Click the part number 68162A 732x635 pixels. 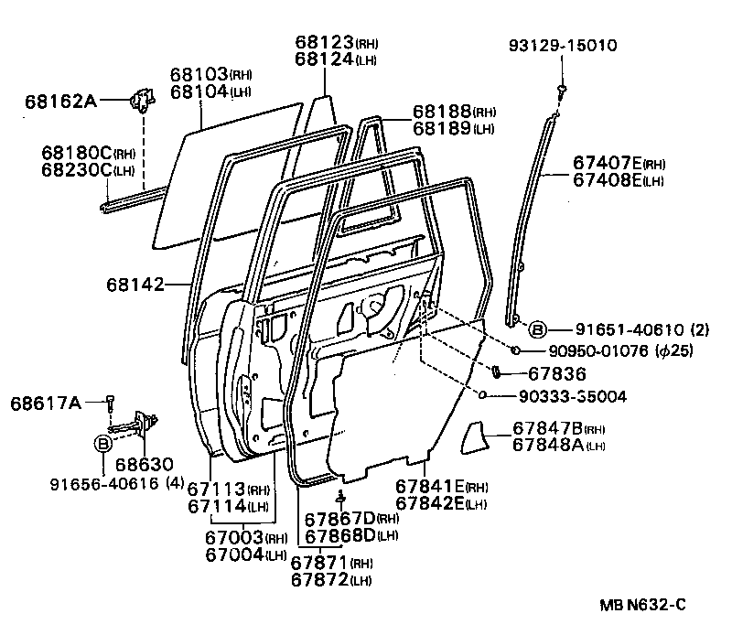tap(60, 102)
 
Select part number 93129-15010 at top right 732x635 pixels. tap(565, 46)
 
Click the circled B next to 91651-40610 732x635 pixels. tap(538, 329)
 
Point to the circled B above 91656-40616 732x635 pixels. tap(103, 444)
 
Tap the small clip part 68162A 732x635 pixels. tap(142, 99)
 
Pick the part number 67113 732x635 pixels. tap(216, 489)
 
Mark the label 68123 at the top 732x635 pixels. tap(324, 42)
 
